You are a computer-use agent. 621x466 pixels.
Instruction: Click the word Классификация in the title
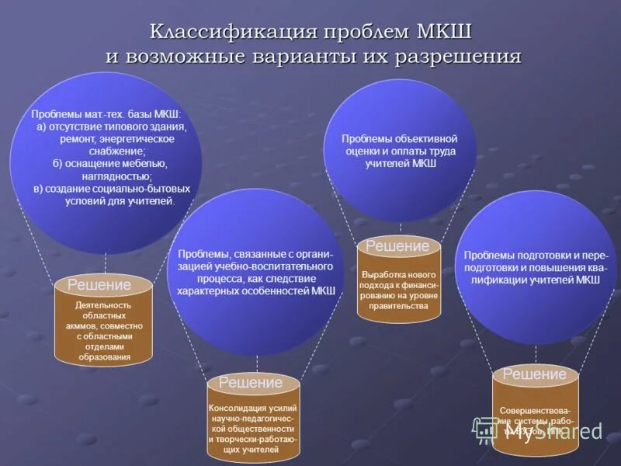click(233, 33)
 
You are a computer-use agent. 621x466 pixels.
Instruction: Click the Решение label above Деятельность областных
click(99, 286)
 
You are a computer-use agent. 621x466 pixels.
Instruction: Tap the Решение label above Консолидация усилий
click(250, 383)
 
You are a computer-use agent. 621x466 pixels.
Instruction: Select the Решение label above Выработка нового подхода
click(397, 246)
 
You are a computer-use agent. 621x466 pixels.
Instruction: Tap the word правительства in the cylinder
click(399, 306)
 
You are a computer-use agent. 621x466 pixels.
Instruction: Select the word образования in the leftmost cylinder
click(104, 357)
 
